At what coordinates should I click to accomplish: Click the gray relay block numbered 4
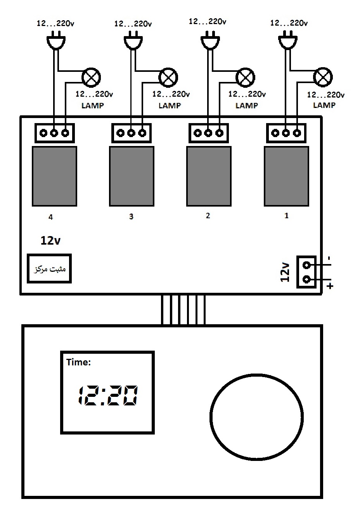coord(54,176)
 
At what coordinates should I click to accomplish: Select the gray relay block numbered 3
coord(132,176)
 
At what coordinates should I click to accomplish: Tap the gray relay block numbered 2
coord(209,176)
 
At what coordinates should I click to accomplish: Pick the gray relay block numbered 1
coord(286,176)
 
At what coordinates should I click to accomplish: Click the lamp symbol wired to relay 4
coord(91,78)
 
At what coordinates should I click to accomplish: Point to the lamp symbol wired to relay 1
coord(323,77)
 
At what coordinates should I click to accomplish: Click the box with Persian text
coord(49,268)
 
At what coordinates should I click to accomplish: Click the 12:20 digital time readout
coord(108,395)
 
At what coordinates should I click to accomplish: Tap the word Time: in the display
coord(79,362)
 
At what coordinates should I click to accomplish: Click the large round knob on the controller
coord(256,417)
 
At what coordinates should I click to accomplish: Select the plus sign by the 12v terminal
coord(330,286)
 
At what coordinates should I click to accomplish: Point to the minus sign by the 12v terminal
coord(329,258)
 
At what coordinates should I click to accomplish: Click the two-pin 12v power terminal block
coord(306,272)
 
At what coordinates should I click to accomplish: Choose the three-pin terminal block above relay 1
coord(286,133)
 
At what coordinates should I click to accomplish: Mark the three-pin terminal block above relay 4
coord(55,133)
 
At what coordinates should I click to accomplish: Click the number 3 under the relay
coord(131,216)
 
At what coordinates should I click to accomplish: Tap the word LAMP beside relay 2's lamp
coord(247,106)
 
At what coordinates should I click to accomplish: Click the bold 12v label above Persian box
coord(50,240)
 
